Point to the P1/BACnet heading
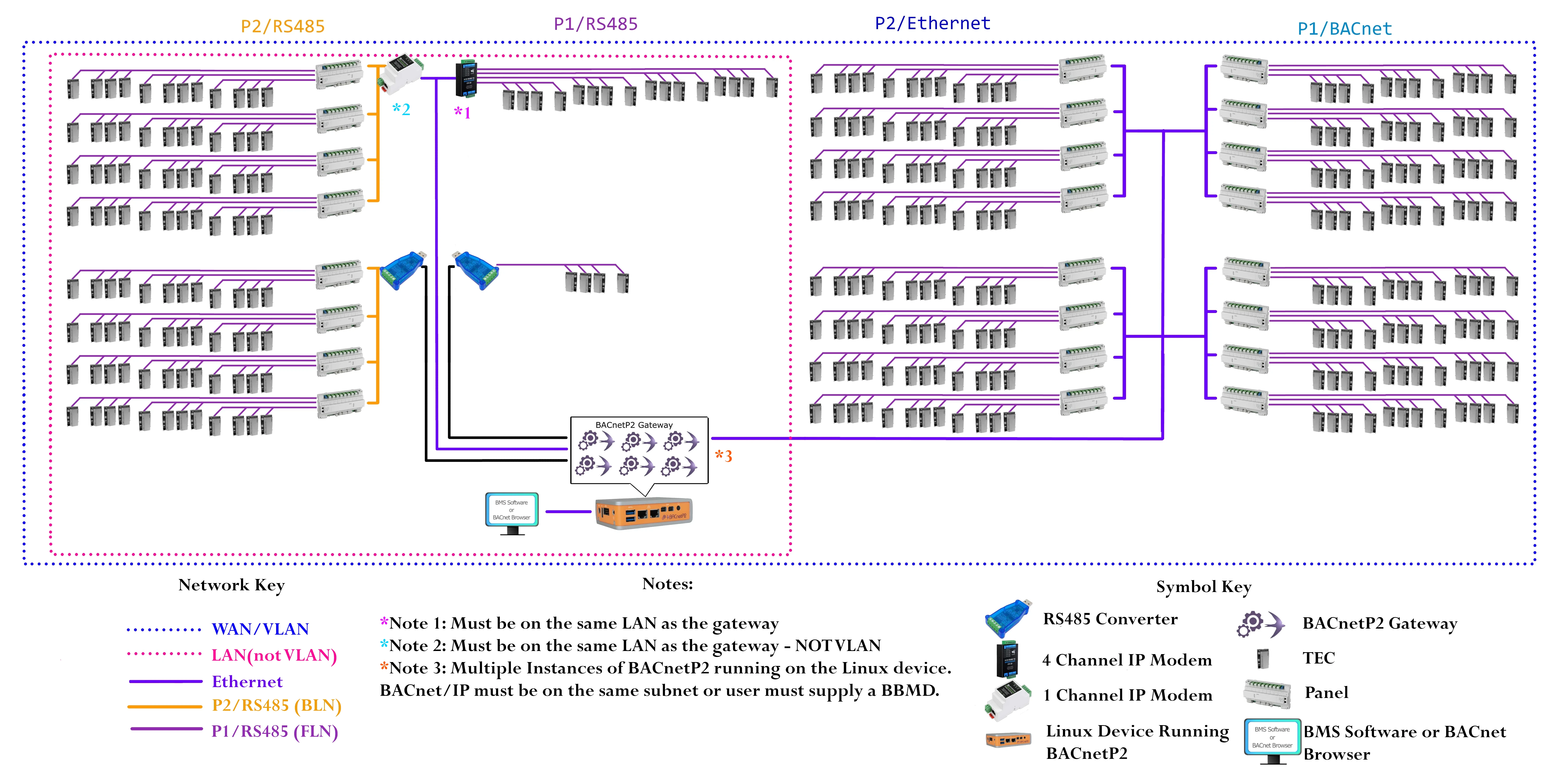(1344, 28)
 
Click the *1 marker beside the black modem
(463, 112)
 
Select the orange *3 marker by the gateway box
(723, 456)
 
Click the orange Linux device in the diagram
(643, 512)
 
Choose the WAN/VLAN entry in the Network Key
(260, 629)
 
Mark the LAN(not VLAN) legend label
(273, 655)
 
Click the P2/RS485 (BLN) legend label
(276, 706)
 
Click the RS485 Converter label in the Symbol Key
(1110, 619)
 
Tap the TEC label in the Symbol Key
(1318, 658)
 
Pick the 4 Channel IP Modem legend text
(1127, 660)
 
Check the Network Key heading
(231, 585)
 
